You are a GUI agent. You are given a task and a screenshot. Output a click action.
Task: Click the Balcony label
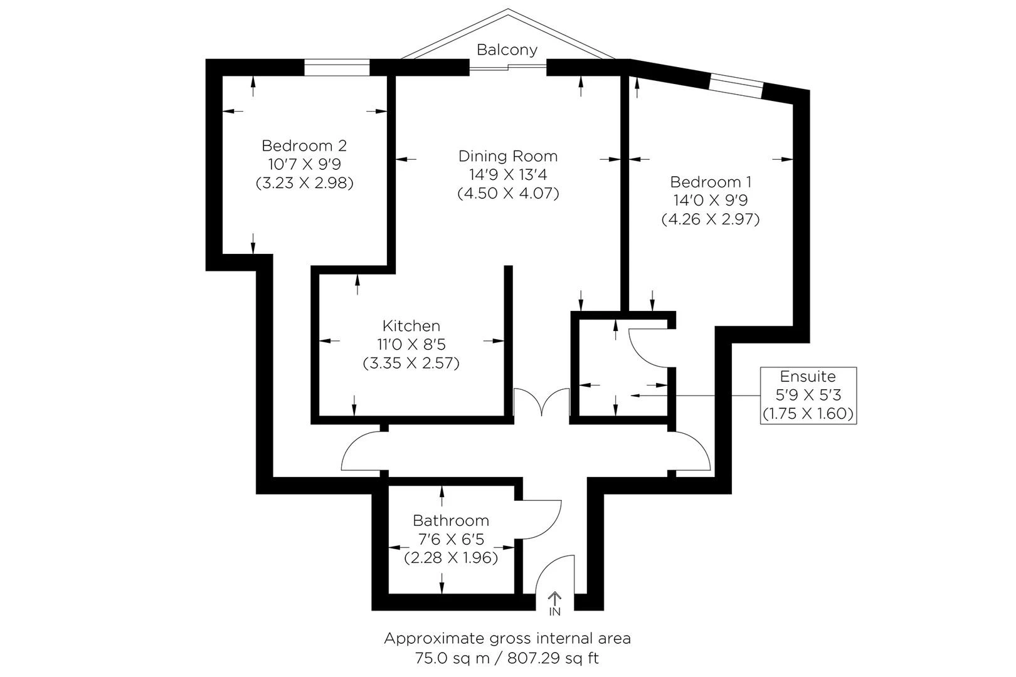(x=507, y=50)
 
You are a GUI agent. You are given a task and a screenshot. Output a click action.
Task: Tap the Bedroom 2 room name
(x=304, y=145)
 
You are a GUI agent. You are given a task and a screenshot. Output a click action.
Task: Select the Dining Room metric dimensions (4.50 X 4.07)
(x=508, y=193)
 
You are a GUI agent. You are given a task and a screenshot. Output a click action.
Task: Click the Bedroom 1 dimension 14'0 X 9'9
(x=711, y=201)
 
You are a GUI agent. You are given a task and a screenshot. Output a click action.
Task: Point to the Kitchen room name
(x=411, y=325)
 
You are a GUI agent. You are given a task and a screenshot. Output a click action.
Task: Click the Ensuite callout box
(x=808, y=395)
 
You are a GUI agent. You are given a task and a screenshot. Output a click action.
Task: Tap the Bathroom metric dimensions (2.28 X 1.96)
(x=451, y=557)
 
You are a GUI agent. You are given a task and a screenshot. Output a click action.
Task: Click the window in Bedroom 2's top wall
(x=337, y=67)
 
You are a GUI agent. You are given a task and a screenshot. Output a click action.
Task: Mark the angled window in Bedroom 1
(x=736, y=85)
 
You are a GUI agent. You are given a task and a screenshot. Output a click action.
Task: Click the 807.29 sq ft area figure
(x=553, y=658)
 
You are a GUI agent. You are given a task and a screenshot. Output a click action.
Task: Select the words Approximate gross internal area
(x=507, y=639)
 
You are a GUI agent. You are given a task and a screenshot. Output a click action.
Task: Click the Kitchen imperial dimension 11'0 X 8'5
(x=411, y=344)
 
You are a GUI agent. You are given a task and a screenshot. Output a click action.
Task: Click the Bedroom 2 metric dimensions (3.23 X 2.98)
(x=304, y=183)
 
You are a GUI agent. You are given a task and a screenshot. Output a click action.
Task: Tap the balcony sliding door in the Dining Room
(x=508, y=66)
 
